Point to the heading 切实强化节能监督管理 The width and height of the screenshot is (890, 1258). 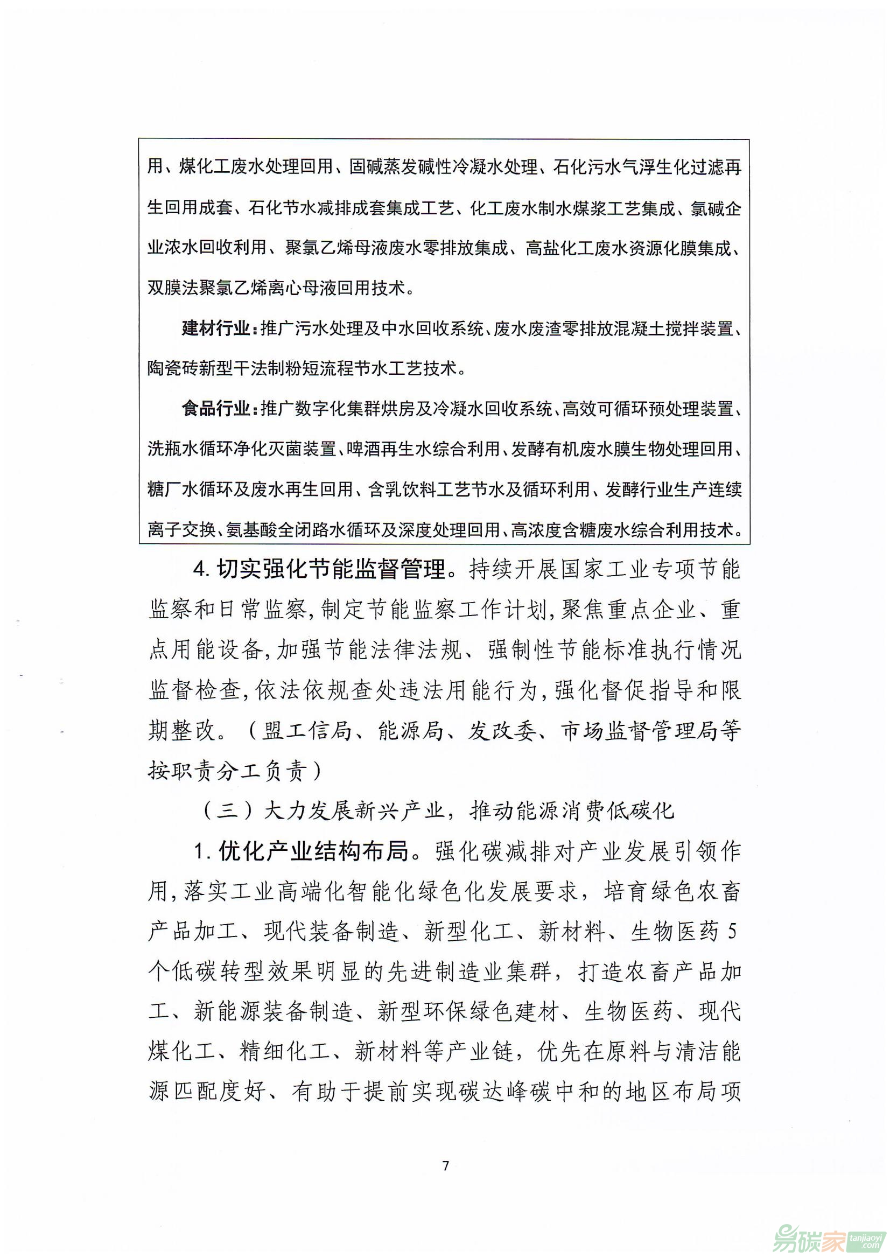[331, 570]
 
